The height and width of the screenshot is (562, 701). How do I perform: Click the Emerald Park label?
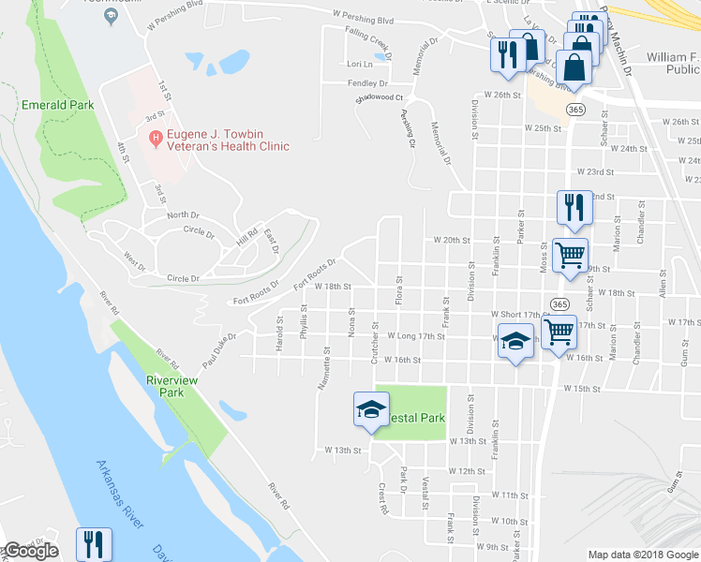tap(58, 105)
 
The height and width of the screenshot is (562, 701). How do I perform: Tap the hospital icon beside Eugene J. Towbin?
tap(155, 140)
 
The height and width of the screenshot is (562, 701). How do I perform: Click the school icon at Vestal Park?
tap(371, 408)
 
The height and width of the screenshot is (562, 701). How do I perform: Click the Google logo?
tap(31, 552)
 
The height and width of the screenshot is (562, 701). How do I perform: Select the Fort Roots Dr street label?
tap(314, 274)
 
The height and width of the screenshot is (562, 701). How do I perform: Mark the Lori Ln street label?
tap(360, 65)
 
